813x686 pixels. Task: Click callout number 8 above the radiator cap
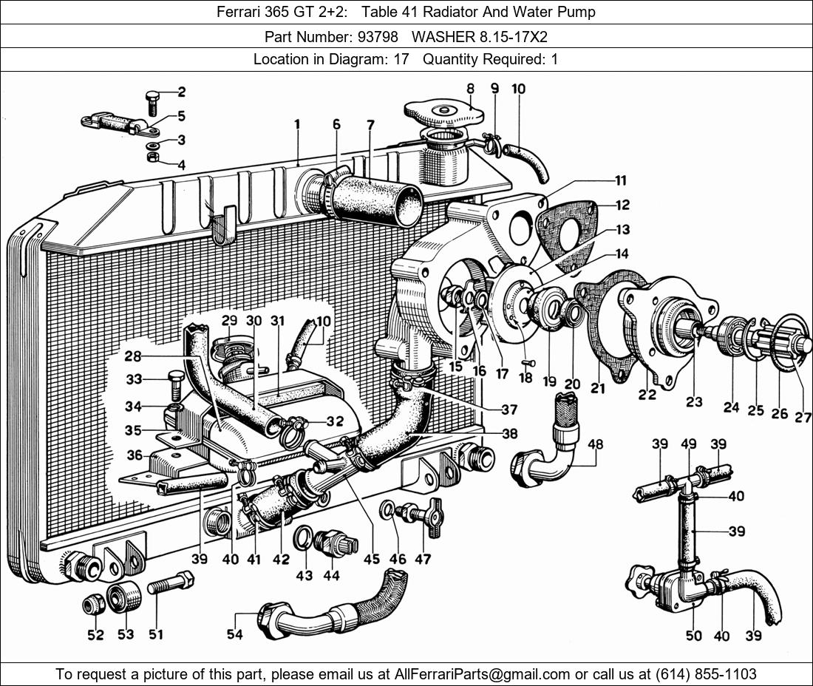tap(469, 89)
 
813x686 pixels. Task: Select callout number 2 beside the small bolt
tap(180, 92)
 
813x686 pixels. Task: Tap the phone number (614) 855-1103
tap(705, 674)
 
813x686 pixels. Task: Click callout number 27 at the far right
tap(803, 418)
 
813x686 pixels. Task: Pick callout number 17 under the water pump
tap(502, 374)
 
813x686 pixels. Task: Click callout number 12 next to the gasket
tap(623, 205)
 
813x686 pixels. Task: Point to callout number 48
tap(594, 444)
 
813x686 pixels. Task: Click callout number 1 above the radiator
tap(296, 125)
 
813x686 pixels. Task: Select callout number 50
tap(693, 636)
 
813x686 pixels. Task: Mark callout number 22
tap(647, 394)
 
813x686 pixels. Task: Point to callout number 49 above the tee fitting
tap(689, 444)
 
